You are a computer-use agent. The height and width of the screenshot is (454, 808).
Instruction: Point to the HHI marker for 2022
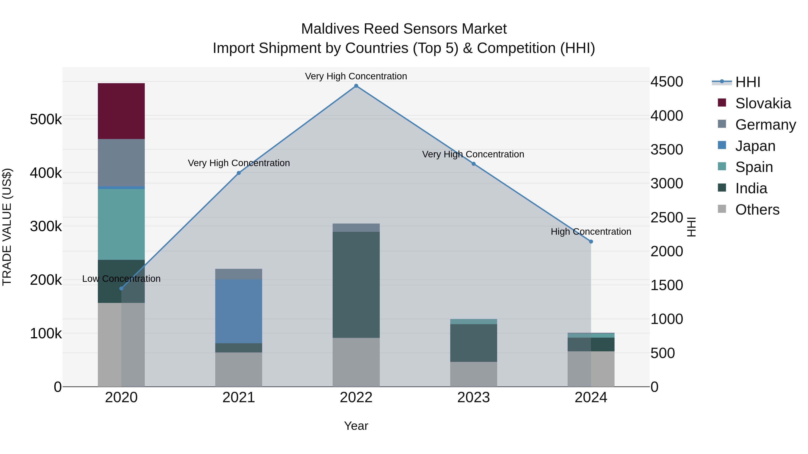tap(356, 86)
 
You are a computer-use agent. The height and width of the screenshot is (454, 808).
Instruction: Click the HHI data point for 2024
tap(591, 241)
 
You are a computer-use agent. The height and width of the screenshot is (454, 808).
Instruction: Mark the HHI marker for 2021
tap(239, 173)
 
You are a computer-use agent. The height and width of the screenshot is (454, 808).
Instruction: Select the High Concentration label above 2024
tap(591, 232)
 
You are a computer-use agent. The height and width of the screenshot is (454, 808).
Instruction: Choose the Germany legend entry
tap(765, 125)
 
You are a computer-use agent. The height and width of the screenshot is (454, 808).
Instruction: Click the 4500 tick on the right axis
tap(667, 82)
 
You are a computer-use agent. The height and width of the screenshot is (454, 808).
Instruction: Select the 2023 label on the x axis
tap(473, 398)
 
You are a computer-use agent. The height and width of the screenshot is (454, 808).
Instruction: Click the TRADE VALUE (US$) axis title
tap(7, 227)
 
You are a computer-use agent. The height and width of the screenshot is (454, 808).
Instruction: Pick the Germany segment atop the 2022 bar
tap(356, 228)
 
